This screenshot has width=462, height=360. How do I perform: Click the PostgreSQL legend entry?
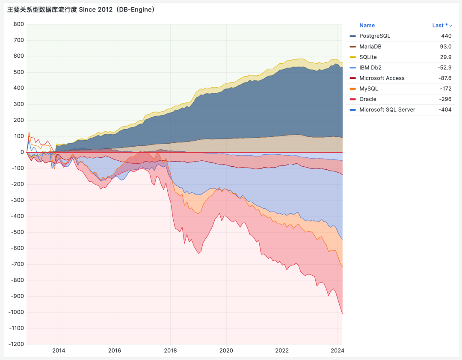[375, 36]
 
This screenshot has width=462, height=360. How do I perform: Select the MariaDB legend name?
[370, 47]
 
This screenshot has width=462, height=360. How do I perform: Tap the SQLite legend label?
[368, 57]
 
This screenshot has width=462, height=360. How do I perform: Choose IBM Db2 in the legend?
[370, 68]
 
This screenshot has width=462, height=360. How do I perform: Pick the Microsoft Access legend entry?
[382, 78]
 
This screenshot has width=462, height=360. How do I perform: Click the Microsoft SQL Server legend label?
[387, 110]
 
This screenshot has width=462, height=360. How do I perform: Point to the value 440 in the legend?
[447, 36]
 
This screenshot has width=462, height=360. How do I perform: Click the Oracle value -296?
[445, 99]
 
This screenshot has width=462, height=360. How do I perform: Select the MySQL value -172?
[446, 89]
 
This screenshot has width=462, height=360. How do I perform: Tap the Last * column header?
[440, 26]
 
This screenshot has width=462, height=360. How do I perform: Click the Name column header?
[367, 26]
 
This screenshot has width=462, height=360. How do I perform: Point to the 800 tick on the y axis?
[18, 24]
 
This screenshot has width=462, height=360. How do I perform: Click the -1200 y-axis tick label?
[16, 344]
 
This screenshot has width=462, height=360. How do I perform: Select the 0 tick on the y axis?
[22, 152]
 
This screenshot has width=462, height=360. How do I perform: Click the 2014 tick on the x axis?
[59, 351]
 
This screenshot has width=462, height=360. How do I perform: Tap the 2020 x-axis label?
[226, 351]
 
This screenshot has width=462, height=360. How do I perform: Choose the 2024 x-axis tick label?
[338, 351]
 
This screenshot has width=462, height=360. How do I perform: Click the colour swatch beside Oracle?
[352, 99]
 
